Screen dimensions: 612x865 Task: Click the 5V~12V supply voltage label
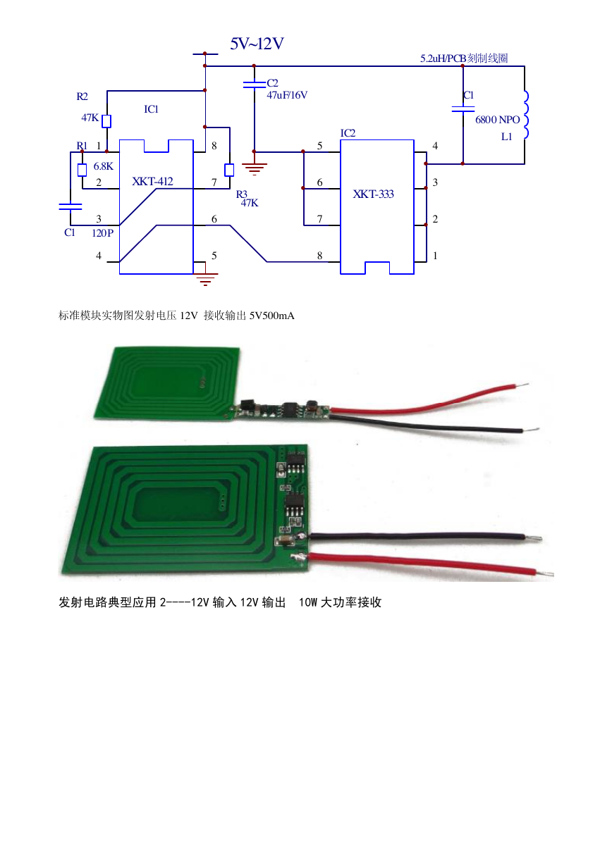click(x=257, y=44)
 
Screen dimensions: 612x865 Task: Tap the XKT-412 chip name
click(x=153, y=181)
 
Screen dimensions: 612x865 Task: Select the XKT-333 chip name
click(x=373, y=194)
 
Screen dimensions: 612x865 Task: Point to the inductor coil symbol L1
click(x=525, y=115)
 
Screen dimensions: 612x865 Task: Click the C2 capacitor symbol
click(x=254, y=85)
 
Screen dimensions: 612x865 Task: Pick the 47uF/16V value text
click(x=287, y=95)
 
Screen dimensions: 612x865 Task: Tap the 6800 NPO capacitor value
click(x=497, y=120)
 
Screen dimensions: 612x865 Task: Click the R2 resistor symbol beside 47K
click(x=106, y=121)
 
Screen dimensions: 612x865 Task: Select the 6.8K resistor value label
click(x=103, y=166)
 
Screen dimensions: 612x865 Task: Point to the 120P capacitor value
click(x=102, y=233)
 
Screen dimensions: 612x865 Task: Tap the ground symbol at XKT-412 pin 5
click(x=205, y=279)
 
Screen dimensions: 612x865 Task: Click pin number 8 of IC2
click(x=319, y=256)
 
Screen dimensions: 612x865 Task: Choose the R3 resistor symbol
click(x=229, y=170)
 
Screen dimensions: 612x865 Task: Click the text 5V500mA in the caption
click(x=271, y=316)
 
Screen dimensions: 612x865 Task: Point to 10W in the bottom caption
click(x=307, y=602)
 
